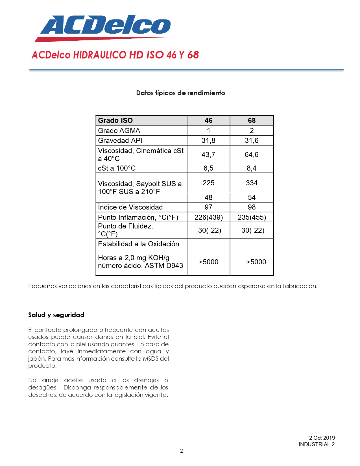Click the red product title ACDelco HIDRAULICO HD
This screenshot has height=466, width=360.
tap(115, 55)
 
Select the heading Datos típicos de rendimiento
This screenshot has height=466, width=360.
tap(180, 93)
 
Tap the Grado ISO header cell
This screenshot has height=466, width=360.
tap(115, 120)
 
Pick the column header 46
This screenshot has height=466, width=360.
tap(208, 120)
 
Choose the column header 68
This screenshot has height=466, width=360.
tap(252, 120)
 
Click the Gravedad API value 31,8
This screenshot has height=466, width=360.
tap(208, 140)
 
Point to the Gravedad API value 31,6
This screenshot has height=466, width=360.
tap(252, 140)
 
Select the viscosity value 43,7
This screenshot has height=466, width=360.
tap(208, 154)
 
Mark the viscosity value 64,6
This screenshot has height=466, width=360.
tap(252, 154)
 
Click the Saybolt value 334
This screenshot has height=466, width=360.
tap(252, 183)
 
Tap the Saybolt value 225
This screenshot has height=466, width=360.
tap(208, 183)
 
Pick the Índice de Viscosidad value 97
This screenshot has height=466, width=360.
tap(208, 207)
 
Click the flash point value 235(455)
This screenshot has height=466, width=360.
tap(252, 217)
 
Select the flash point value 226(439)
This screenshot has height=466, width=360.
tap(208, 217)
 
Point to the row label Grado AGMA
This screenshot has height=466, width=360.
tap(119, 130)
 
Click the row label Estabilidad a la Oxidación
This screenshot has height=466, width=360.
tap(138, 244)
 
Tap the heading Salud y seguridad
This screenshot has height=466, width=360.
tap(56, 315)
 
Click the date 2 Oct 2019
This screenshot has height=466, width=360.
tap(322, 438)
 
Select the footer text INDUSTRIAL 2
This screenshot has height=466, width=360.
tap(317, 444)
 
